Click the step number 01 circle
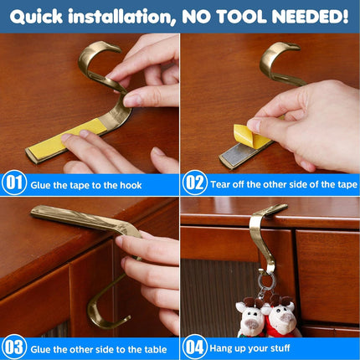[x=14, y=183]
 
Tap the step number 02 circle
[x=195, y=183]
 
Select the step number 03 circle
[x=14, y=347]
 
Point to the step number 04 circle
[x=195, y=347]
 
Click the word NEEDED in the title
[x=310, y=17]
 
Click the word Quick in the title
[x=36, y=17]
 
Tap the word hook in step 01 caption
[x=131, y=185]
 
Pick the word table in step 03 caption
[x=156, y=349]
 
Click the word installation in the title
[x=122, y=17]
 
